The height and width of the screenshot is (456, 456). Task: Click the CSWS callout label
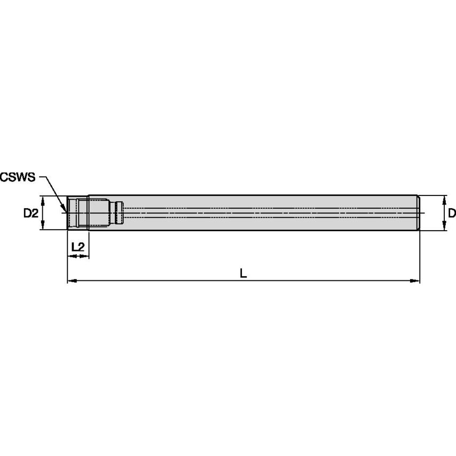click(18, 177)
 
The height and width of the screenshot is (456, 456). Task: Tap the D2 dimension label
click(31, 214)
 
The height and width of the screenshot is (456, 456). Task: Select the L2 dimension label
click(77, 247)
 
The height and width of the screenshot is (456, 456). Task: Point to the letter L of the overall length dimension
click(243, 273)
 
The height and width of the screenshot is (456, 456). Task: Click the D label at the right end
click(452, 213)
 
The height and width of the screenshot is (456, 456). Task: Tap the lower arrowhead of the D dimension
click(444, 226)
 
